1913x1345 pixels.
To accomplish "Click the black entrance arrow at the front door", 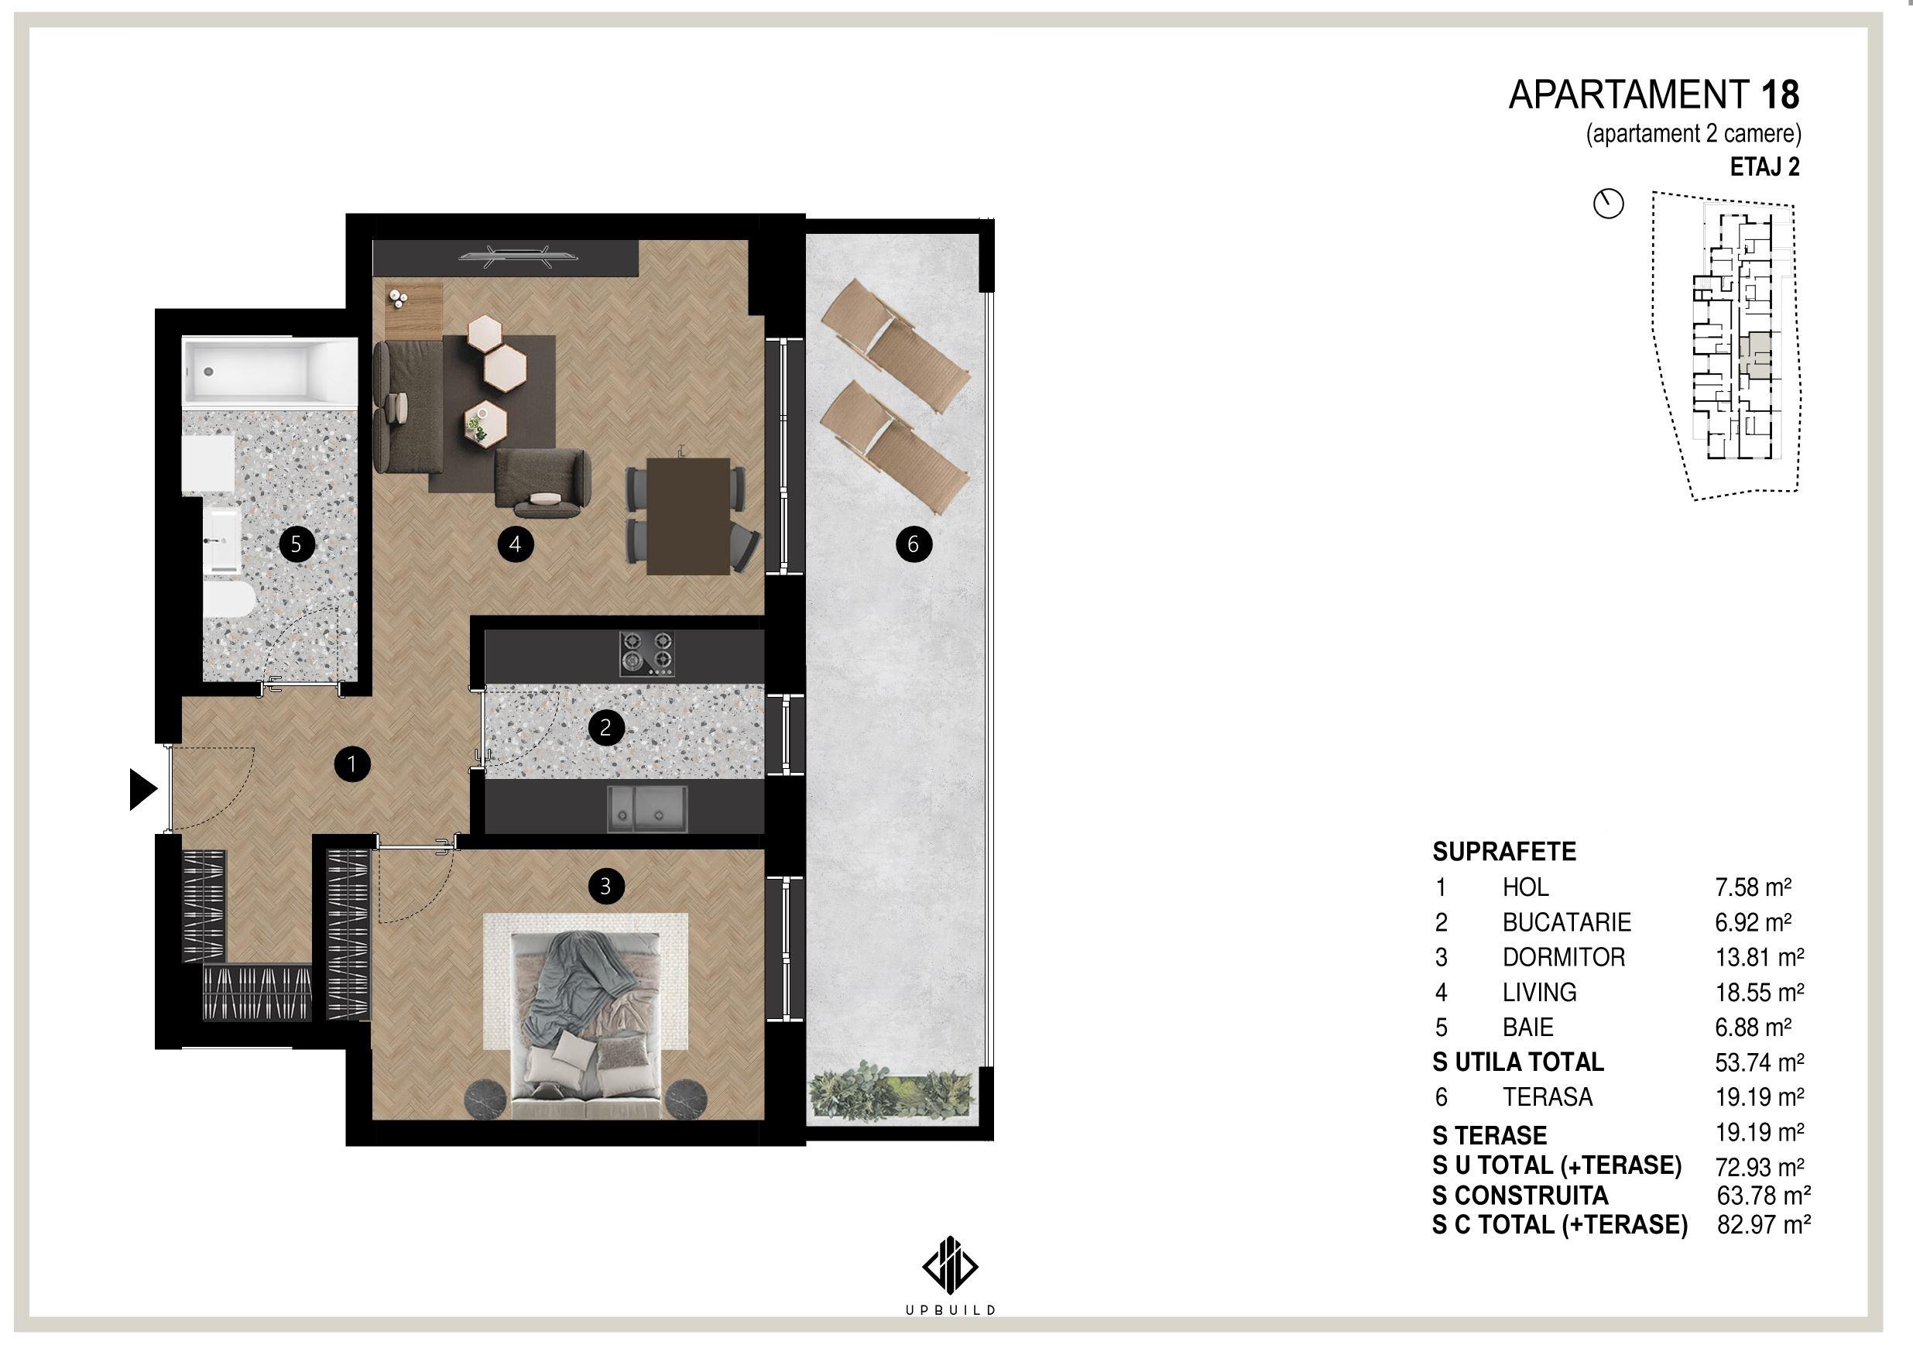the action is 142,789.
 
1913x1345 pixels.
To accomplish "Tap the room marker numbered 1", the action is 351,763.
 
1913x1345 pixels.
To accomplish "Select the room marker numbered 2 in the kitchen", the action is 605,728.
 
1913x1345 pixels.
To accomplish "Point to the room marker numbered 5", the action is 297,545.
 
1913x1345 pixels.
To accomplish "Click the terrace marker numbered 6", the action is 914,545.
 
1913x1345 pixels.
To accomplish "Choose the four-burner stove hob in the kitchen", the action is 646,654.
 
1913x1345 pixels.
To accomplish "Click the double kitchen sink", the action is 647,808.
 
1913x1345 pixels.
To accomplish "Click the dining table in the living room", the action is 688,516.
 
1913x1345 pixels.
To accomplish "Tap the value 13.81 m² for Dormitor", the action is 1759,958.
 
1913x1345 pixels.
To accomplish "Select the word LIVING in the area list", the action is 1540,993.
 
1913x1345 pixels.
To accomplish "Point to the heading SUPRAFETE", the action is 1505,852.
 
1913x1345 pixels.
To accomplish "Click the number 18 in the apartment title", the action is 1780,96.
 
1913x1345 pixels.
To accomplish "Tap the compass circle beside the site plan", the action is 1609,204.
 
